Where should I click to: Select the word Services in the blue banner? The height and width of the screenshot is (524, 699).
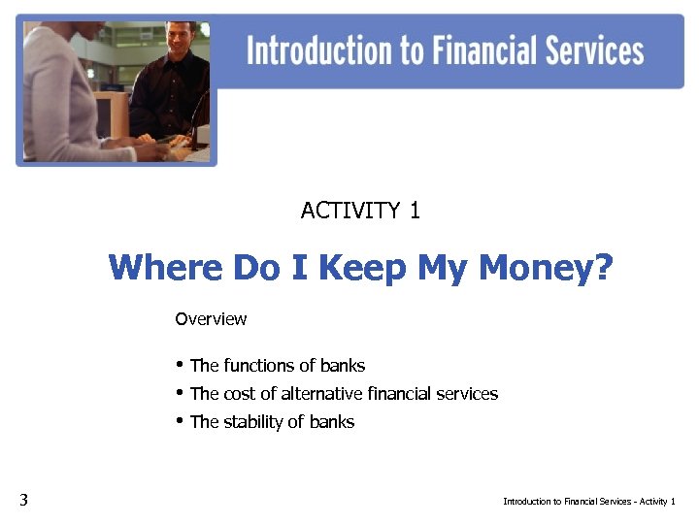tap(587, 50)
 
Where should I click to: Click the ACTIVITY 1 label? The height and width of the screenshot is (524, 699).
tap(360, 211)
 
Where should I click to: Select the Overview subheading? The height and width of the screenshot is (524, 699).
tap(211, 319)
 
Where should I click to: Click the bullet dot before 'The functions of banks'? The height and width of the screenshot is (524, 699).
tap(180, 365)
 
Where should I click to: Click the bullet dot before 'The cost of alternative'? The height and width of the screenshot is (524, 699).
tap(180, 392)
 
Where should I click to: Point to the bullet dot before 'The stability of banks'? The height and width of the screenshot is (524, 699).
tap(180, 420)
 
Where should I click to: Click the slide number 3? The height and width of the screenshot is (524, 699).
tap(23, 501)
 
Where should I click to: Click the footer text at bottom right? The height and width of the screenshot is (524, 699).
tap(588, 502)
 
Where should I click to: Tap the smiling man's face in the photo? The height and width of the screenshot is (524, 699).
tap(180, 41)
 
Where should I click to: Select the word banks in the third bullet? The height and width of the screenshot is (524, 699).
tap(333, 422)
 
